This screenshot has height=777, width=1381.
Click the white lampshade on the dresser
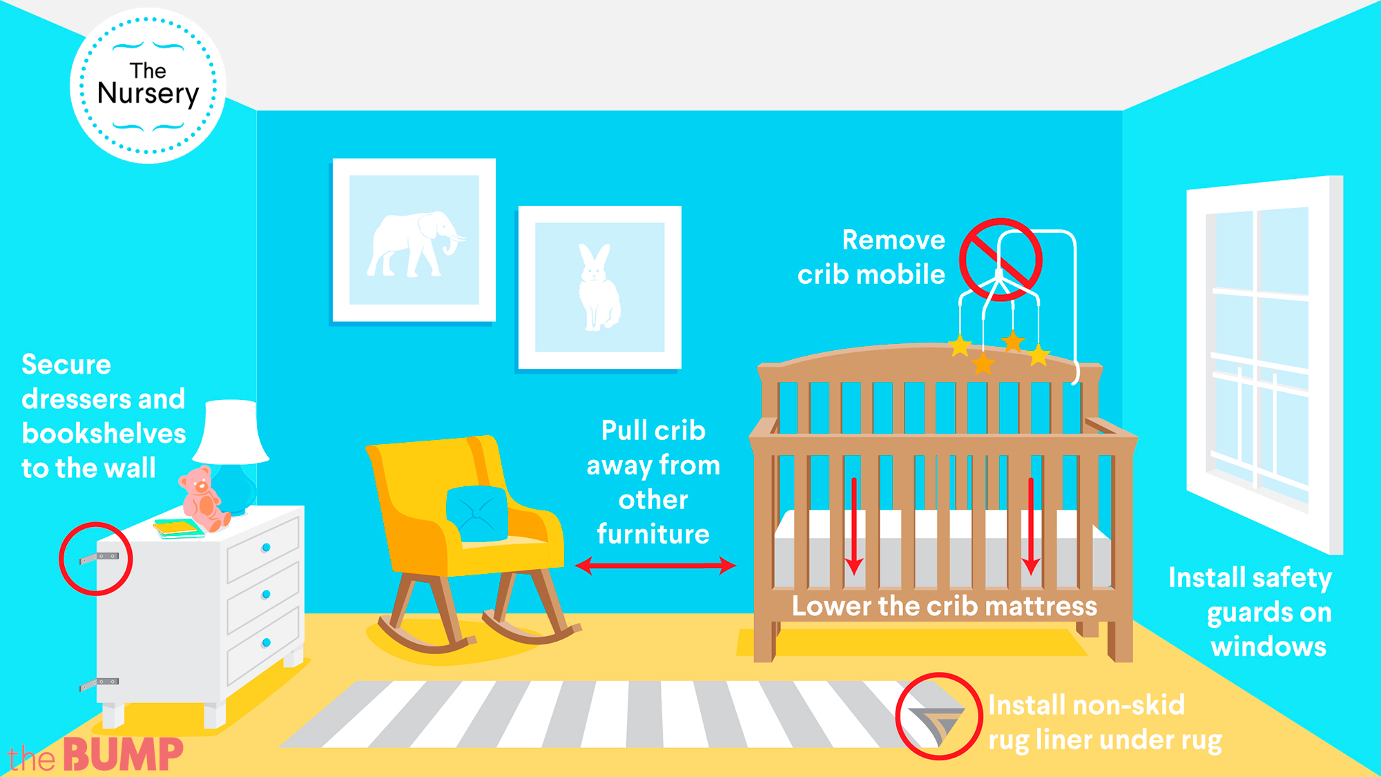231,432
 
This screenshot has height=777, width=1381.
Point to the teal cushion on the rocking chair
476,514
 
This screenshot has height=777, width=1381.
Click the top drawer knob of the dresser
266,548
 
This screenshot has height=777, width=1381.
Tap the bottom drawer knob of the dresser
266,643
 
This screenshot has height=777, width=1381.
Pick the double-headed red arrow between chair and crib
655,566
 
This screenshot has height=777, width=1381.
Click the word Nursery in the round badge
148,94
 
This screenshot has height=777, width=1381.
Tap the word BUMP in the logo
124,754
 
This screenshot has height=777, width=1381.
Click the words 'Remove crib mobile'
871,257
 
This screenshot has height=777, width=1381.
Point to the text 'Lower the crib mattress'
944,606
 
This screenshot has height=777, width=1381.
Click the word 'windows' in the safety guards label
1268,646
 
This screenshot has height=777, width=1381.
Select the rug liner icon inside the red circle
938,724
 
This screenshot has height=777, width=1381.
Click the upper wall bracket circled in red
99,557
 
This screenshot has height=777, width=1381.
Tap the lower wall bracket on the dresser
99,684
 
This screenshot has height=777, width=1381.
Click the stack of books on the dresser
178,528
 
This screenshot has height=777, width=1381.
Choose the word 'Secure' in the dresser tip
66,364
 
